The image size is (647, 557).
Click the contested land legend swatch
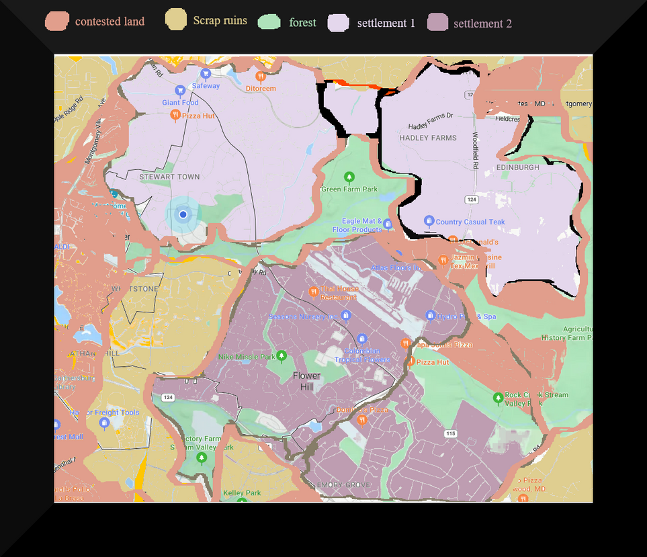point(57,22)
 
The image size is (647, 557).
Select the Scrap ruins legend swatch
point(176,20)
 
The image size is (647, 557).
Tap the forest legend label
point(302,23)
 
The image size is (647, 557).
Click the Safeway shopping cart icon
point(206,73)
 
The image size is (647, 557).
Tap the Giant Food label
point(180,103)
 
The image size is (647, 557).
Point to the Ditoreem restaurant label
point(261,88)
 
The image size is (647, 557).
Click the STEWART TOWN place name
point(169,177)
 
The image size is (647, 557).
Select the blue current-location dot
point(183,214)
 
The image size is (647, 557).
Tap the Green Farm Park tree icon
point(349,177)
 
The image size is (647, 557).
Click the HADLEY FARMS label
point(428,138)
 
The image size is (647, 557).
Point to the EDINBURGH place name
point(517,167)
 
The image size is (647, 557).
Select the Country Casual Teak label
point(470,222)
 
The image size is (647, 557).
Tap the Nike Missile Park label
point(247,357)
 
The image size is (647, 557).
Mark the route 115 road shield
point(450,434)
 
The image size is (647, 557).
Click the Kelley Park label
point(242,493)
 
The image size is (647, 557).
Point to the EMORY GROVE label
point(343,485)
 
